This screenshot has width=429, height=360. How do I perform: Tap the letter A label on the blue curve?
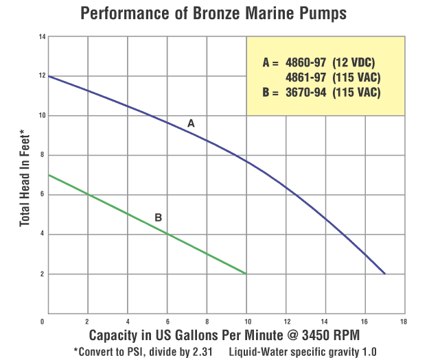pos(192,123)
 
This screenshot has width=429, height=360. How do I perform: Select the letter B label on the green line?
pos(158,218)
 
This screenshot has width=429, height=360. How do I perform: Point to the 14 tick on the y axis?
pos(42,36)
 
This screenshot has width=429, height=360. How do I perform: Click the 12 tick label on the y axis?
pos(42,76)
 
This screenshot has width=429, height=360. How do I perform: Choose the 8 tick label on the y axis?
pos(43,155)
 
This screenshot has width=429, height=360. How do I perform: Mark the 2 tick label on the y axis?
pos(43,274)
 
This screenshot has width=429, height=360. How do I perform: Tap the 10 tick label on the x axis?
pos(246,320)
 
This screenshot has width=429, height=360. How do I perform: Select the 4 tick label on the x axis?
pos(127,320)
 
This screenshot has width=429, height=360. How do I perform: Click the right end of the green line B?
pos(246,274)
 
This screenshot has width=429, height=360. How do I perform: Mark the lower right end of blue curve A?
pos(385,274)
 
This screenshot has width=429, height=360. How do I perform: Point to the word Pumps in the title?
pos(307,13)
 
